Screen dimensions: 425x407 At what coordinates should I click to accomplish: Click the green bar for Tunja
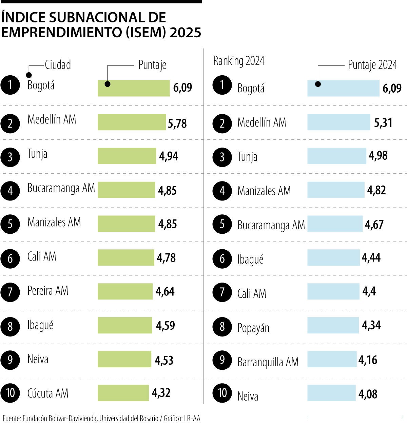(127, 156)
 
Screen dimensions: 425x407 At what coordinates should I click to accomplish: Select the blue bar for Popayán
(333, 325)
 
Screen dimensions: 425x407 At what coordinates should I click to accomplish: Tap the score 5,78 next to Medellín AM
(177, 123)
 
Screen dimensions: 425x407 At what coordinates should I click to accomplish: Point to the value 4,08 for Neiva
(368, 394)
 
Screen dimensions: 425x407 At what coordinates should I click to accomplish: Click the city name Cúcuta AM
(48, 393)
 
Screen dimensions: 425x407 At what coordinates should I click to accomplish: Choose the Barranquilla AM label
(268, 362)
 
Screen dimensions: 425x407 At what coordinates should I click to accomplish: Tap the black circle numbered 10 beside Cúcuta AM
(10, 393)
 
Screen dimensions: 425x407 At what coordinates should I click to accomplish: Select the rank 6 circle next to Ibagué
(222, 258)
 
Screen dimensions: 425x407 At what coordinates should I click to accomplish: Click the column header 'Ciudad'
(58, 65)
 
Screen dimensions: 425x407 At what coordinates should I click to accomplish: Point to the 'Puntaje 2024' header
(372, 65)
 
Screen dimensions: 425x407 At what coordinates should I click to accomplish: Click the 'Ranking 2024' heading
(239, 61)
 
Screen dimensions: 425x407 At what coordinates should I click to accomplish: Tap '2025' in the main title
(185, 33)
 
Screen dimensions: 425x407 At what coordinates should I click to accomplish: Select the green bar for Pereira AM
(125, 291)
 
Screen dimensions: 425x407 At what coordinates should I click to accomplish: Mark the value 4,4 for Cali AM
(369, 291)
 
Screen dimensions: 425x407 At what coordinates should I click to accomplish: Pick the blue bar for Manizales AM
(336, 190)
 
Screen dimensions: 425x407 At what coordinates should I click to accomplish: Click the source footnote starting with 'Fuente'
(101, 418)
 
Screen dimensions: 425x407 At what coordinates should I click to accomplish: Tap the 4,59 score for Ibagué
(165, 326)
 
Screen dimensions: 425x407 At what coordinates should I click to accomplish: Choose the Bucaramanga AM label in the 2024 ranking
(271, 225)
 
